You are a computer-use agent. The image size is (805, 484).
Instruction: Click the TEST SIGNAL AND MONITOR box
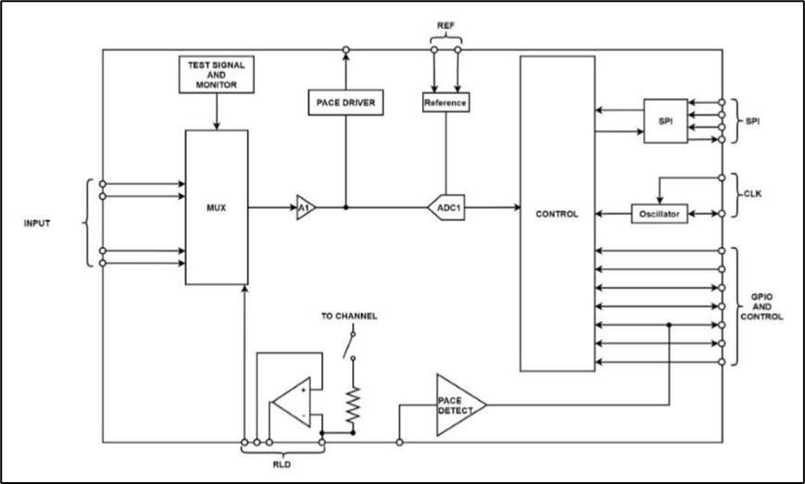point(216,74)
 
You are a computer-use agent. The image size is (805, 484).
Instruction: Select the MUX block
point(217,207)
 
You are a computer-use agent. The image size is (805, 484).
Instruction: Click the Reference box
point(446,102)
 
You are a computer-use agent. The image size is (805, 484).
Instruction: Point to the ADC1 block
point(446,207)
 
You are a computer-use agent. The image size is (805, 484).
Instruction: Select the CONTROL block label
point(557,214)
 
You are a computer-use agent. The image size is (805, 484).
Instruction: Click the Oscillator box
point(660,215)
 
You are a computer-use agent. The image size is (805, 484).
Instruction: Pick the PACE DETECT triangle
point(455,405)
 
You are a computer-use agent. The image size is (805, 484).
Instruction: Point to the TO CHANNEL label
point(349,316)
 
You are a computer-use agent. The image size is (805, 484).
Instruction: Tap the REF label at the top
point(446,26)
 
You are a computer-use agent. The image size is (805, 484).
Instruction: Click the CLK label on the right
point(752,195)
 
